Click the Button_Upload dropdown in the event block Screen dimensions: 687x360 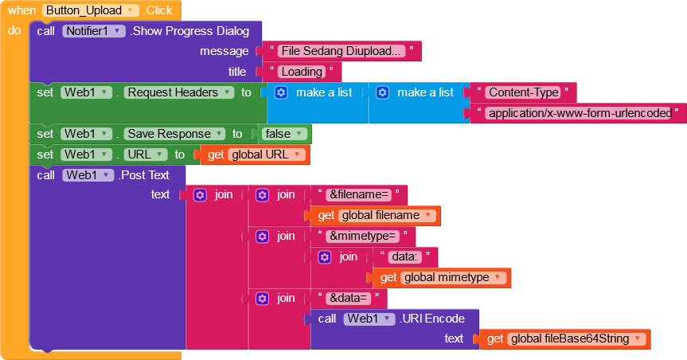coord(90,10)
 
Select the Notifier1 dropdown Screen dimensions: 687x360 coord(94,31)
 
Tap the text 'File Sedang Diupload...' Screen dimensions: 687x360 coord(341,51)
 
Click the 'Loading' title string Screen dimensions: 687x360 coord(302,72)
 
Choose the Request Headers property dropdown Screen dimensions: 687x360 coord(179,92)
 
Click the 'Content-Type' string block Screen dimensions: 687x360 coord(524,92)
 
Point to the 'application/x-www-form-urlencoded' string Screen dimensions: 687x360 coord(580,113)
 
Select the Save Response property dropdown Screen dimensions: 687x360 coord(174,134)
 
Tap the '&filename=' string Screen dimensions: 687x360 coord(359,194)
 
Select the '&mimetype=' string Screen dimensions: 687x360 coord(363,236)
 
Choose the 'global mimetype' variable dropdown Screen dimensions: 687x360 coord(453,277)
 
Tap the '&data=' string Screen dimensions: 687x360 coord(349,298)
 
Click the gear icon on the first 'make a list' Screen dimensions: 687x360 coord(281,92)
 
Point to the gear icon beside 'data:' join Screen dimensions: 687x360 coord(324,256)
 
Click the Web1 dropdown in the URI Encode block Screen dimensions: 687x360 coord(369,319)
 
